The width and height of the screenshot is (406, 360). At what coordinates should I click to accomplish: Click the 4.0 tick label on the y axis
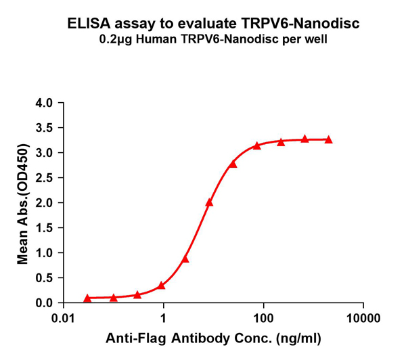[x=44, y=104]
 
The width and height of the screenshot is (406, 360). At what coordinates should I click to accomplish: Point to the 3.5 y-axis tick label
[x=44, y=129]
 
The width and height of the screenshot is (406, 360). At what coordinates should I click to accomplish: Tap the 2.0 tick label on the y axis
[x=44, y=203]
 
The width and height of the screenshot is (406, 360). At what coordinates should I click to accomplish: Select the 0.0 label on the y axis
[x=44, y=302]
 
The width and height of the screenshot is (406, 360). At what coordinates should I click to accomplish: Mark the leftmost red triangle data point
[x=87, y=298]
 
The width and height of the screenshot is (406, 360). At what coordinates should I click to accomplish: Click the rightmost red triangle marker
[x=329, y=139]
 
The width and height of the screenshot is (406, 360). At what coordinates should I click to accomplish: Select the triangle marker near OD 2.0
[x=209, y=202]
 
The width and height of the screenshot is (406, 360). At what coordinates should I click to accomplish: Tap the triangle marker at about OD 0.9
[x=185, y=258]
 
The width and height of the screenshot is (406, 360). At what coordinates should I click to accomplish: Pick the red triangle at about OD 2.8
[x=233, y=164]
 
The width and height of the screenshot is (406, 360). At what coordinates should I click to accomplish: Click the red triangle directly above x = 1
[x=162, y=286]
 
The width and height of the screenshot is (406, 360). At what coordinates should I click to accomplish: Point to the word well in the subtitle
[x=316, y=39]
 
